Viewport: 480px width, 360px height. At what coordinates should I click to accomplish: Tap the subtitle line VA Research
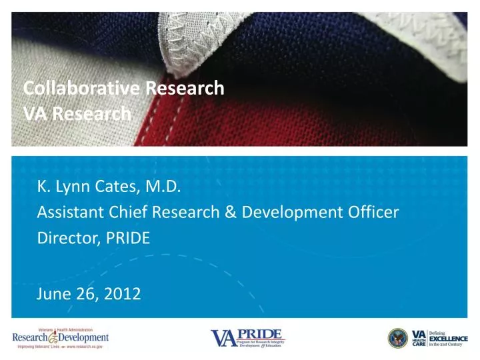click(x=77, y=114)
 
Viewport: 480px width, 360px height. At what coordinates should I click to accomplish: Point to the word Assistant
click(x=67, y=213)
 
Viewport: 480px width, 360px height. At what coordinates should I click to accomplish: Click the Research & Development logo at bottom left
click(x=60, y=338)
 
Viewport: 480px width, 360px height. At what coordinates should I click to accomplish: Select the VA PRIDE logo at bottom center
click(x=247, y=337)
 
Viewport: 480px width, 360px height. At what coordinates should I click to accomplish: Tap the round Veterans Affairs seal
click(x=398, y=338)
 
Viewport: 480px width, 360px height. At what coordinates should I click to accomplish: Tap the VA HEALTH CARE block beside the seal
click(x=419, y=338)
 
